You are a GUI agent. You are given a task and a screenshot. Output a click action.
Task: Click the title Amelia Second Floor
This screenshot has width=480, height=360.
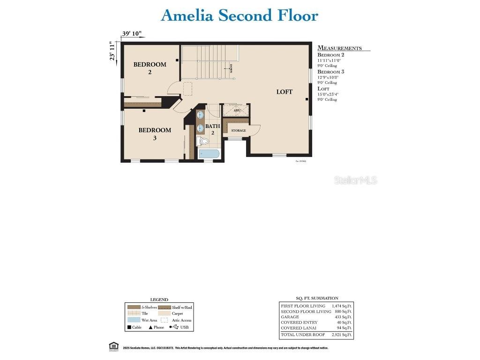240,15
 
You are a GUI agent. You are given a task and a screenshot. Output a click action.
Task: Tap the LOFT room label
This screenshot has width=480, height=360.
284,92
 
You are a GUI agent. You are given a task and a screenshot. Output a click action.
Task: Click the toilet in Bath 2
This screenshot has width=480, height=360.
204,141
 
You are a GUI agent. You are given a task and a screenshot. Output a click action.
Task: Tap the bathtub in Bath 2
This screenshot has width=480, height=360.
208,154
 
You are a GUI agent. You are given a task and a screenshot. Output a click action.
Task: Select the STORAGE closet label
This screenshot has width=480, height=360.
238,130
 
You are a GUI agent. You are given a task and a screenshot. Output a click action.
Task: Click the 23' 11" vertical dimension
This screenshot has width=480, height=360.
112,51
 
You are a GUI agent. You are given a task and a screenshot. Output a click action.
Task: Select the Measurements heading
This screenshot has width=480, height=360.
339,48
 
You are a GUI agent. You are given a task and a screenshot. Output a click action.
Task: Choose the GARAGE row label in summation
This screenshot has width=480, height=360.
290,317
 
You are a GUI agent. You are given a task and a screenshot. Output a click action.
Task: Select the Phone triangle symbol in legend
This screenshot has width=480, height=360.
150,327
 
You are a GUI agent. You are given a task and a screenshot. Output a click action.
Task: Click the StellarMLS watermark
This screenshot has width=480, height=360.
355,180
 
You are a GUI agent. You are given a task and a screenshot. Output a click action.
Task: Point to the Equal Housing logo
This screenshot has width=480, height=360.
113,346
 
